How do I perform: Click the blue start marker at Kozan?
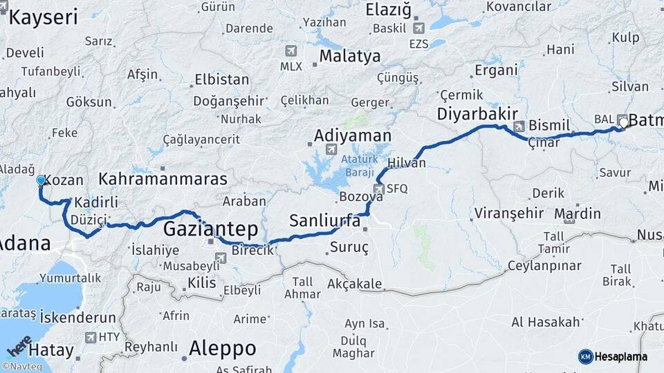click(x=41, y=181)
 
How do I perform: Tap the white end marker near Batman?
click(x=624, y=123)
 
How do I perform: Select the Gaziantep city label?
click(x=210, y=229)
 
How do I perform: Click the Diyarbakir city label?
click(x=477, y=113)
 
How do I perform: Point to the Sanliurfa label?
click(x=324, y=221)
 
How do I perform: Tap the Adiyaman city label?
click(x=352, y=136)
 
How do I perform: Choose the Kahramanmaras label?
click(x=163, y=179)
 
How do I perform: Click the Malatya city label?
click(x=350, y=56)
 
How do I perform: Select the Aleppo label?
click(x=222, y=347)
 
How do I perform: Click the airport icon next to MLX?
click(x=290, y=51)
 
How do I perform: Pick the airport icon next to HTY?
click(x=91, y=337)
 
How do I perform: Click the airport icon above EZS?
click(x=418, y=28)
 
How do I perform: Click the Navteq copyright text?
click(x=22, y=367)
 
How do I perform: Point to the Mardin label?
click(x=578, y=213)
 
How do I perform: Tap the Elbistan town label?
click(x=221, y=79)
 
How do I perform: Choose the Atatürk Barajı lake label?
click(x=360, y=164)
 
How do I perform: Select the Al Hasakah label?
click(x=545, y=322)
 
